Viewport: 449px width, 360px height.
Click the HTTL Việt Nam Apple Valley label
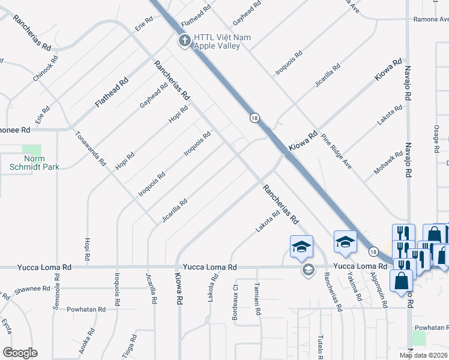pos(222,41)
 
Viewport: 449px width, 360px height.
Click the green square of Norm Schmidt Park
pos(31,149)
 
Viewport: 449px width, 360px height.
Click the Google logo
pos(20,353)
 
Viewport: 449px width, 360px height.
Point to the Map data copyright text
pos(424,355)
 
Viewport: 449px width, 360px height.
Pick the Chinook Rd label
pos(46,69)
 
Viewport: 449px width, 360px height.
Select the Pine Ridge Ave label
pos(336,152)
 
